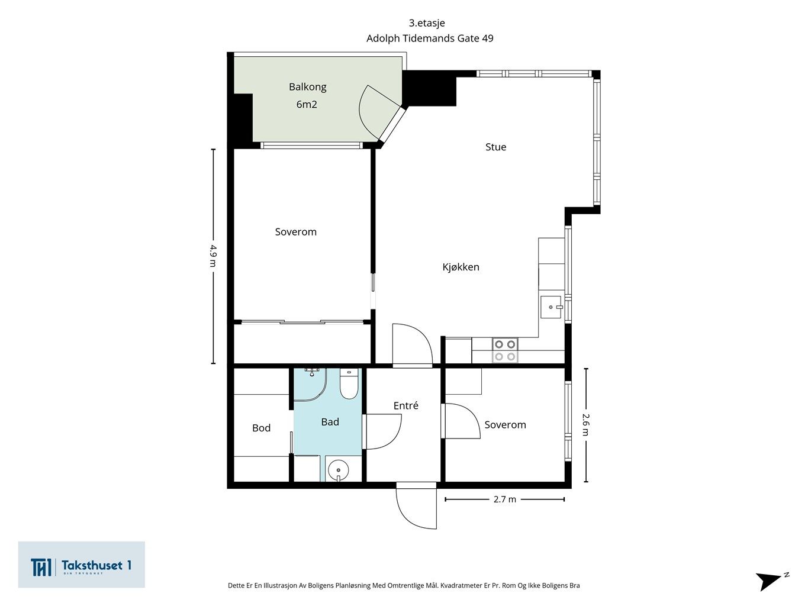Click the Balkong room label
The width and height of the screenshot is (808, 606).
click(x=307, y=87)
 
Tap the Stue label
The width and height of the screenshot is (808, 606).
click(x=495, y=147)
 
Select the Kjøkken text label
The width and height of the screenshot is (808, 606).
click(x=461, y=267)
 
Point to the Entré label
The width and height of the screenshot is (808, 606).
click(x=405, y=405)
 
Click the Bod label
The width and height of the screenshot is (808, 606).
click(x=261, y=427)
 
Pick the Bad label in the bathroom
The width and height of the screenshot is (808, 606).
click(x=330, y=422)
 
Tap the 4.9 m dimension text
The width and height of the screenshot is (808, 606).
click(x=213, y=256)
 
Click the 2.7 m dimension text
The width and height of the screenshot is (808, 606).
click(x=505, y=499)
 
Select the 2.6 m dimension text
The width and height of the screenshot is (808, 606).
click(x=585, y=424)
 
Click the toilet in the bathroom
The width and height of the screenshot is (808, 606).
click(x=349, y=383)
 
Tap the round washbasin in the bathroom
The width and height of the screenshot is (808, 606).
click(x=338, y=470)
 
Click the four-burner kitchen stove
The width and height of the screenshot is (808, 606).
click(x=505, y=350)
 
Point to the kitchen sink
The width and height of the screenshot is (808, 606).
click(x=551, y=307)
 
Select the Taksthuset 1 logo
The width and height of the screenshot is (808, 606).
click(x=81, y=565)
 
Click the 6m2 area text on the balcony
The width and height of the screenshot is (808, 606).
click(x=307, y=105)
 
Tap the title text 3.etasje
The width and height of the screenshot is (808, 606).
click(x=427, y=23)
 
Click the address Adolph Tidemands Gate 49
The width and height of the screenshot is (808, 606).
click(x=430, y=38)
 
